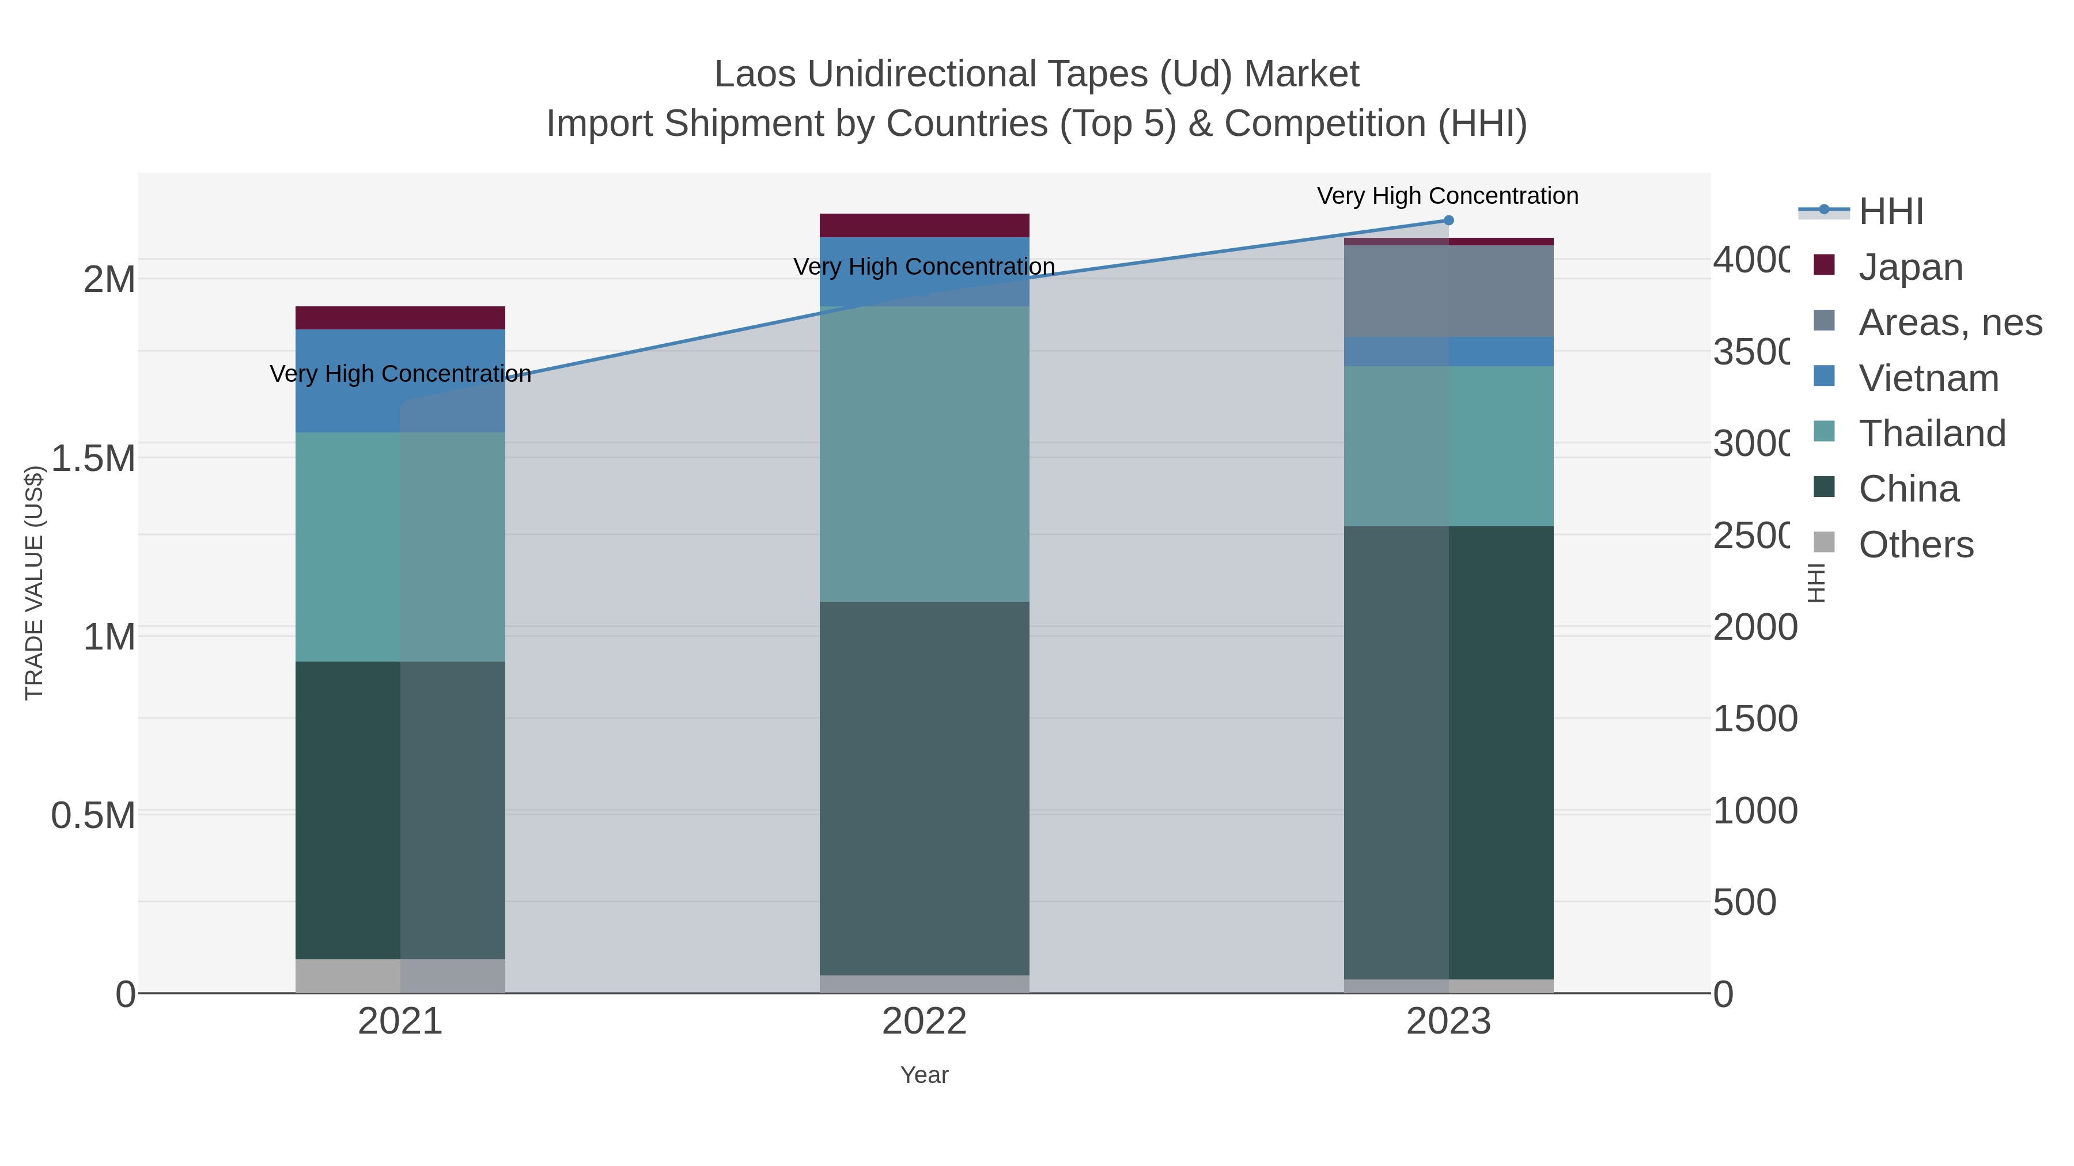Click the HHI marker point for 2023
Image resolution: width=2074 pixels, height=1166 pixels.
click(x=1448, y=221)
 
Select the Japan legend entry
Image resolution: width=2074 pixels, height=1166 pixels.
click(x=1910, y=267)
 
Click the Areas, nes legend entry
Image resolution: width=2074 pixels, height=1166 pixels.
click(x=1949, y=322)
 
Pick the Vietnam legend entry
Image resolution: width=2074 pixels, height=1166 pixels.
click(x=1928, y=378)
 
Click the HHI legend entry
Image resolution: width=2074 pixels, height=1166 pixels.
click(x=1890, y=212)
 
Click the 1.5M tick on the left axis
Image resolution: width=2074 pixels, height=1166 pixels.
click(x=93, y=459)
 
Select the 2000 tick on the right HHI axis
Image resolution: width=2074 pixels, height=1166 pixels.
click(x=1754, y=627)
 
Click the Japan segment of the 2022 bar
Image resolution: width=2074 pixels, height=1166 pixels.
click(x=924, y=225)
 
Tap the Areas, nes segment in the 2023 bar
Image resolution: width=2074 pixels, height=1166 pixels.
click(x=1448, y=291)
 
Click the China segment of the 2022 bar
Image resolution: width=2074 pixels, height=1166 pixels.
click(x=924, y=789)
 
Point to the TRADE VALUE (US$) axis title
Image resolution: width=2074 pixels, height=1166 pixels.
click(x=34, y=583)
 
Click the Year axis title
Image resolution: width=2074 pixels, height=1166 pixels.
click(x=924, y=1075)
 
